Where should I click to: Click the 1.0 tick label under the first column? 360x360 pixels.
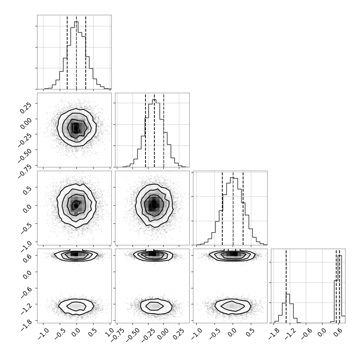tap(110, 332)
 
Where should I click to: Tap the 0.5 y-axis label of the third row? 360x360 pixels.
tap(27, 190)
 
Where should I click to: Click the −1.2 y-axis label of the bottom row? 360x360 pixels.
tap(26, 308)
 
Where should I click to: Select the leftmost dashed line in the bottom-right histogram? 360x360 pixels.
tap(286, 286)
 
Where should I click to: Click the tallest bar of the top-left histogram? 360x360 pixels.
tap(76, 55)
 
